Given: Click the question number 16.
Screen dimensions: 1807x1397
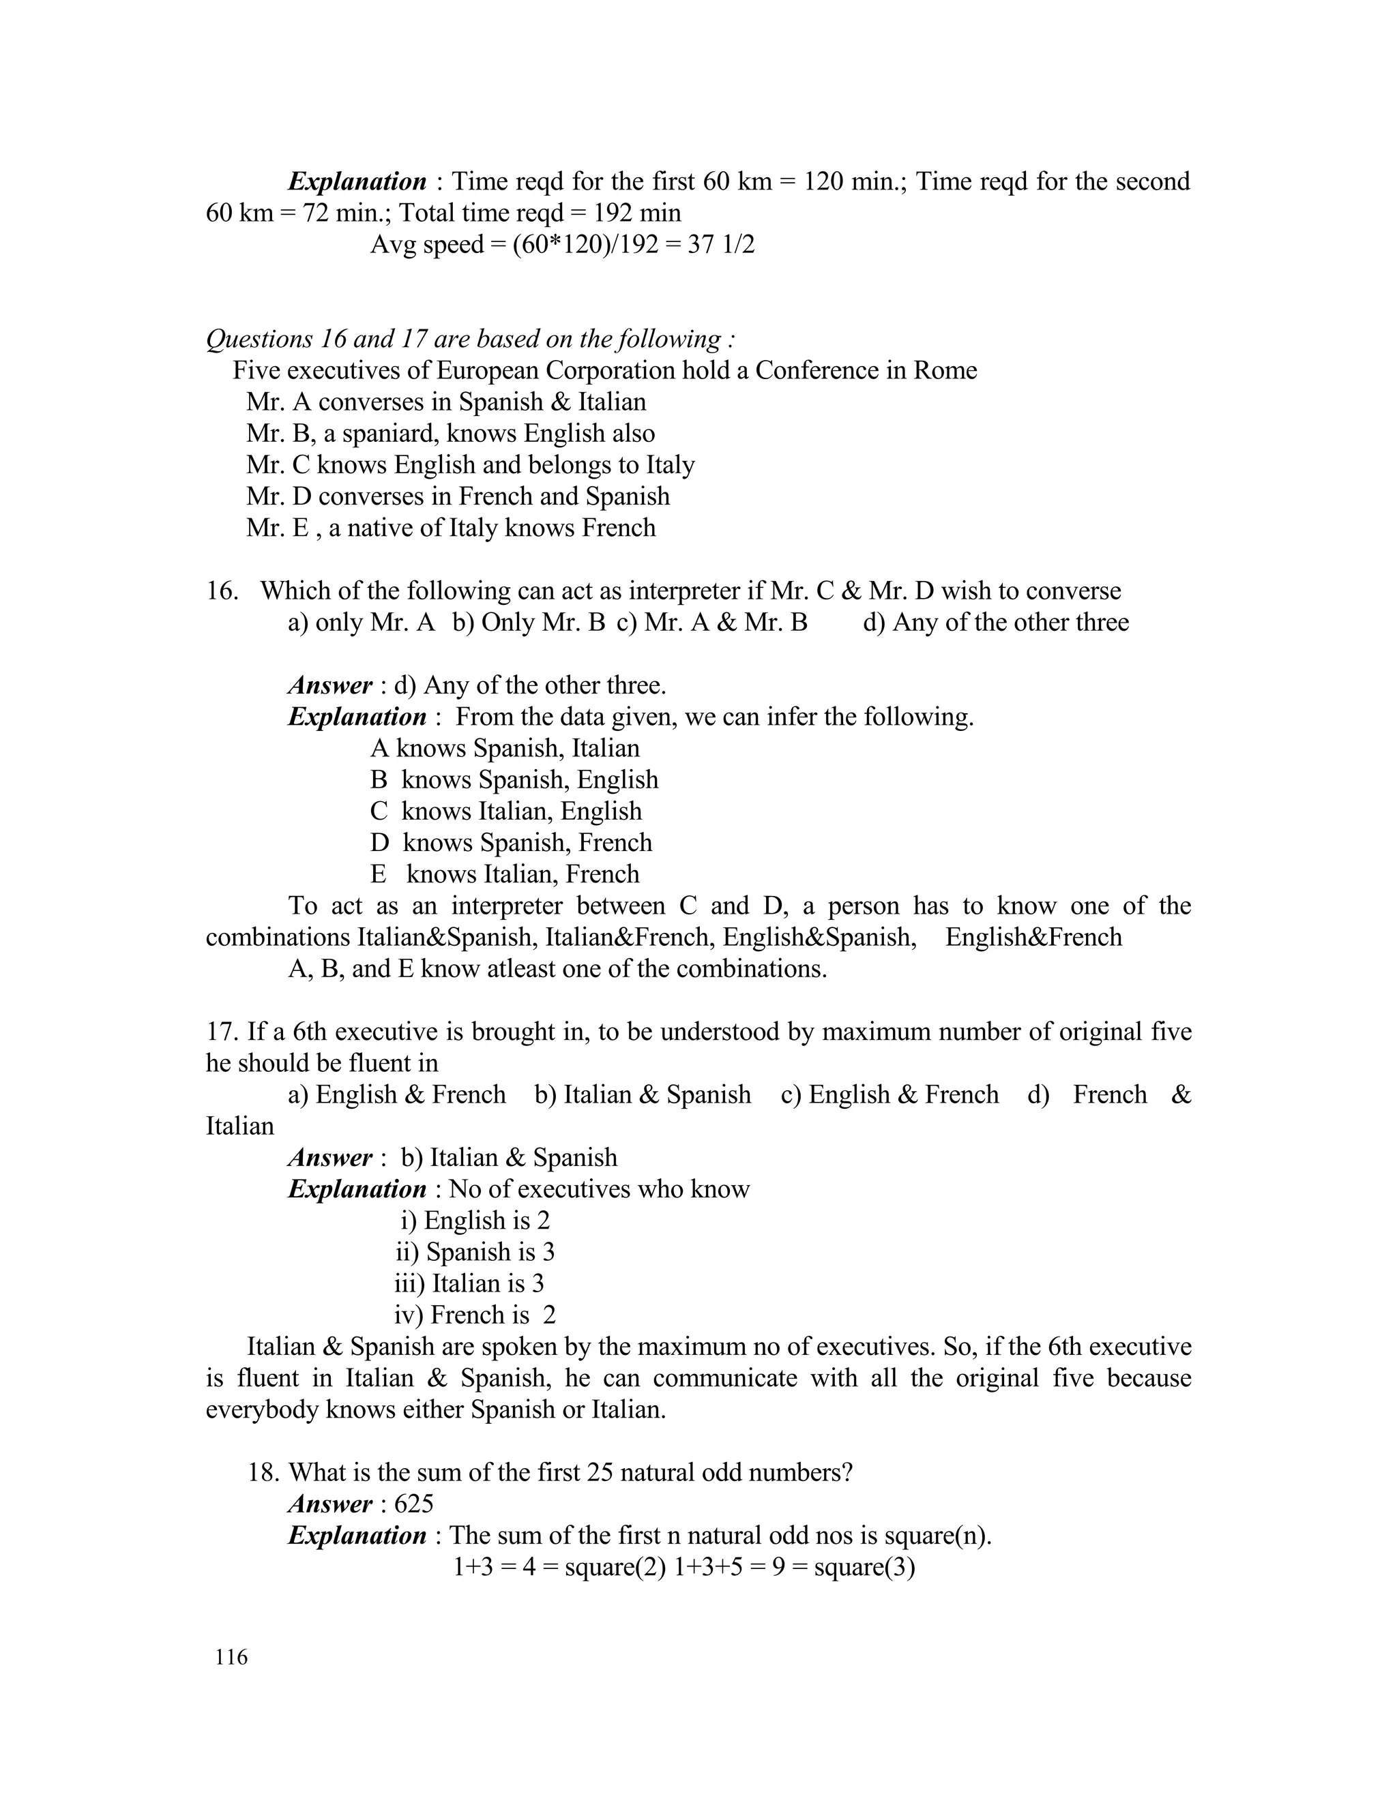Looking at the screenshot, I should click(222, 591).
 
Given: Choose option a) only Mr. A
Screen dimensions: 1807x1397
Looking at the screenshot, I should click(362, 622).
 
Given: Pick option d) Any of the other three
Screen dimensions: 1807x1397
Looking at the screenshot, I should click(996, 622).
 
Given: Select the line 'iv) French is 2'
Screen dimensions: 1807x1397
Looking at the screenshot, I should click(475, 1315).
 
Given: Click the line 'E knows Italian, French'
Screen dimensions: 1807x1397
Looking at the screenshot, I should click(505, 875).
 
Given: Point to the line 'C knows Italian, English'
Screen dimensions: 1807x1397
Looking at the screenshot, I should click(505, 811).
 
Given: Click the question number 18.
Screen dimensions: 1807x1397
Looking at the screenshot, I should click(267, 1472).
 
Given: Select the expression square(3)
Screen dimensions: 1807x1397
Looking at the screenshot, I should click(865, 1567).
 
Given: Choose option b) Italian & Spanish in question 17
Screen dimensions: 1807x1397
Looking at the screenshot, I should click(643, 1094).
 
